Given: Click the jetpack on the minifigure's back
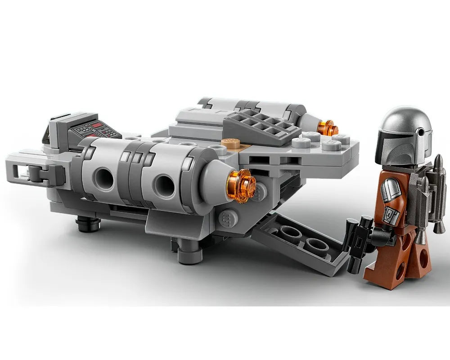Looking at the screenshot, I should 432,193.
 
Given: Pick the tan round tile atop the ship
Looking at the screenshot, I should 230,142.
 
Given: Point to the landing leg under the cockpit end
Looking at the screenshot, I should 88,223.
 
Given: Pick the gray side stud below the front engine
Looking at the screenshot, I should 228,218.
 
